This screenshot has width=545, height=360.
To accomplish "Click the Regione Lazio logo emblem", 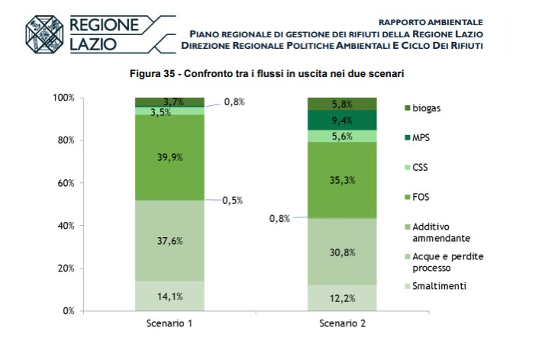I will (x=45, y=35).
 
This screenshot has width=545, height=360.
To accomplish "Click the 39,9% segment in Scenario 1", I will (x=169, y=157).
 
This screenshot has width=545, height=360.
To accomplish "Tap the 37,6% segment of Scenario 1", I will (x=169, y=241).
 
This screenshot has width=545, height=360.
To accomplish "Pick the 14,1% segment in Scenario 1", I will (x=169, y=297).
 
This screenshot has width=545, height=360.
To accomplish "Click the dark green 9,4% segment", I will (x=342, y=120).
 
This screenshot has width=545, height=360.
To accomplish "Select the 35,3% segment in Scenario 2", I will (x=342, y=180).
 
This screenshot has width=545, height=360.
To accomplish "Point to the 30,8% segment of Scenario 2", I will (x=342, y=252).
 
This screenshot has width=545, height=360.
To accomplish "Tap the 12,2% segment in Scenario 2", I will (x=342, y=298).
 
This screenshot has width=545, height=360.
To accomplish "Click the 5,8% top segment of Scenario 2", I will (x=342, y=104).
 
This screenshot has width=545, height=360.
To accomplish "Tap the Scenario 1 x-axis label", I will (x=169, y=323).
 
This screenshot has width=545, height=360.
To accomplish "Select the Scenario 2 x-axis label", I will (x=342, y=323).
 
